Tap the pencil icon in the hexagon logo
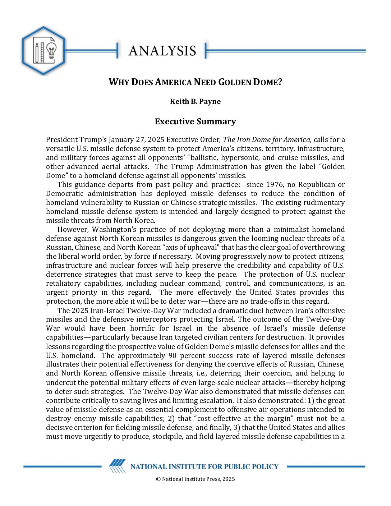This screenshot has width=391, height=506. point(37,52)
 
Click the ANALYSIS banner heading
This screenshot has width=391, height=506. point(162,51)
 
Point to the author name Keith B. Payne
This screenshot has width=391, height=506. point(195,101)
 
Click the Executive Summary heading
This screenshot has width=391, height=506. point(195,121)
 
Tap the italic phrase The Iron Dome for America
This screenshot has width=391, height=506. point(266,139)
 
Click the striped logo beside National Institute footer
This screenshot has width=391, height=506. point(118,466)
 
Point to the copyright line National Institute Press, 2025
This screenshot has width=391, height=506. point(195,479)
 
